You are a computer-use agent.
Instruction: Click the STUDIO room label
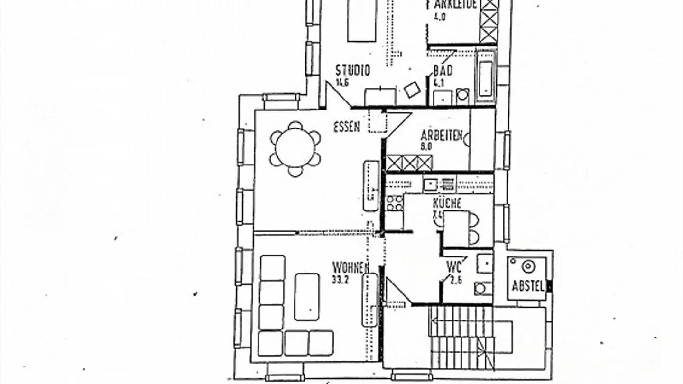point(353,71)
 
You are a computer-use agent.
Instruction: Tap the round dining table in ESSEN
point(295,148)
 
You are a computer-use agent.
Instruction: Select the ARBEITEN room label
point(441,136)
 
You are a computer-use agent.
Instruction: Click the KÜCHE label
point(447,204)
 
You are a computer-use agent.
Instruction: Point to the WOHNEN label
point(351,267)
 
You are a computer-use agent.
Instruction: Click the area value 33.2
point(341,280)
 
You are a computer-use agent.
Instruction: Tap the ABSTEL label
point(527,286)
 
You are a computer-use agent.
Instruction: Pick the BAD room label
point(443,71)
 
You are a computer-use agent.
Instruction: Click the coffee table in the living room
point(306,297)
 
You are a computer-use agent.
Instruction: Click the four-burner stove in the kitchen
point(394,203)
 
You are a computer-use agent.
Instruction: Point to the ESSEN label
point(346,127)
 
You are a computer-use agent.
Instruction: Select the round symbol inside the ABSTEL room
point(528,266)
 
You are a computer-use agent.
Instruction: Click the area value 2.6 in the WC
point(456,280)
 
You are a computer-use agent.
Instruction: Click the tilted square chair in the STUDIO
point(411,89)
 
